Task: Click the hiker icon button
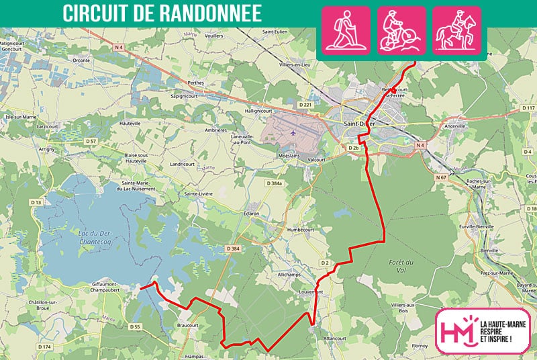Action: (x=346, y=30)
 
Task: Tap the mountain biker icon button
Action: (x=401, y=30)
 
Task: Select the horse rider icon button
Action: (x=456, y=30)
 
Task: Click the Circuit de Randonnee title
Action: (x=162, y=13)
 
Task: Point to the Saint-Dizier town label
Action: (x=359, y=124)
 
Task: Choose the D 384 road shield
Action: (x=233, y=249)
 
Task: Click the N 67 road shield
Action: (x=440, y=177)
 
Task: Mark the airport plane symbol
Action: (x=293, y=132)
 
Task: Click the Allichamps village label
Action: (x=290, y=275)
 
